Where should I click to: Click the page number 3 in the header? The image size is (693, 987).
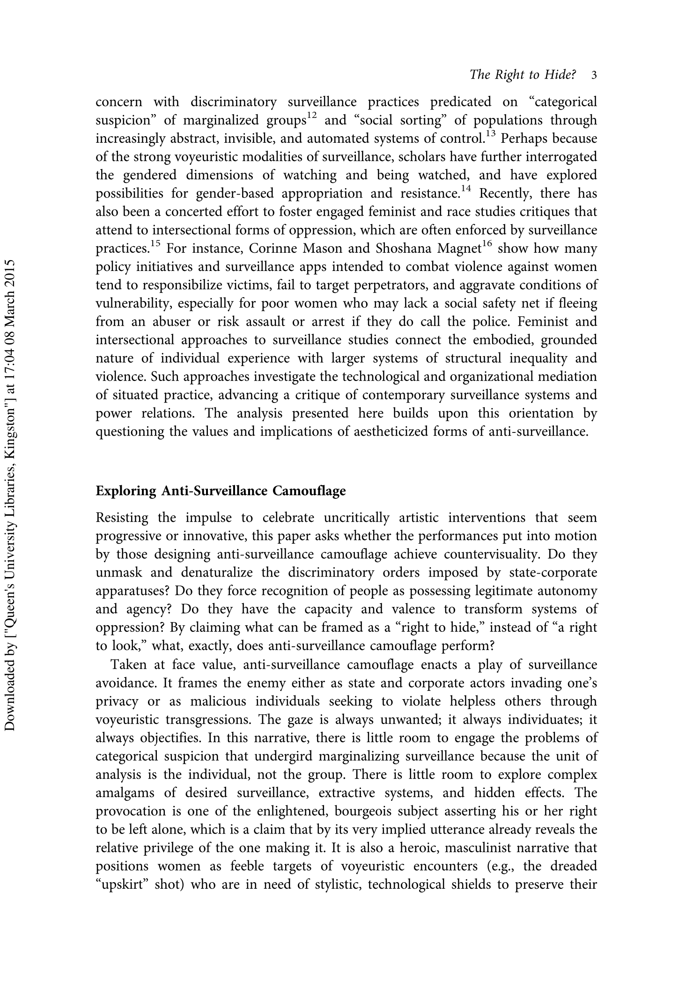click(594, 75)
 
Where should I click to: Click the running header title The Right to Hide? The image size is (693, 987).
click(523, 75)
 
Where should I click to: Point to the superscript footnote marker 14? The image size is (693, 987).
click(465, 189)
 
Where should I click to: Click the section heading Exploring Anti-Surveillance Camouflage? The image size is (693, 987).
click(221, 491)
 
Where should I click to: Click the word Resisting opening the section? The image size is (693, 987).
click(121, 518)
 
